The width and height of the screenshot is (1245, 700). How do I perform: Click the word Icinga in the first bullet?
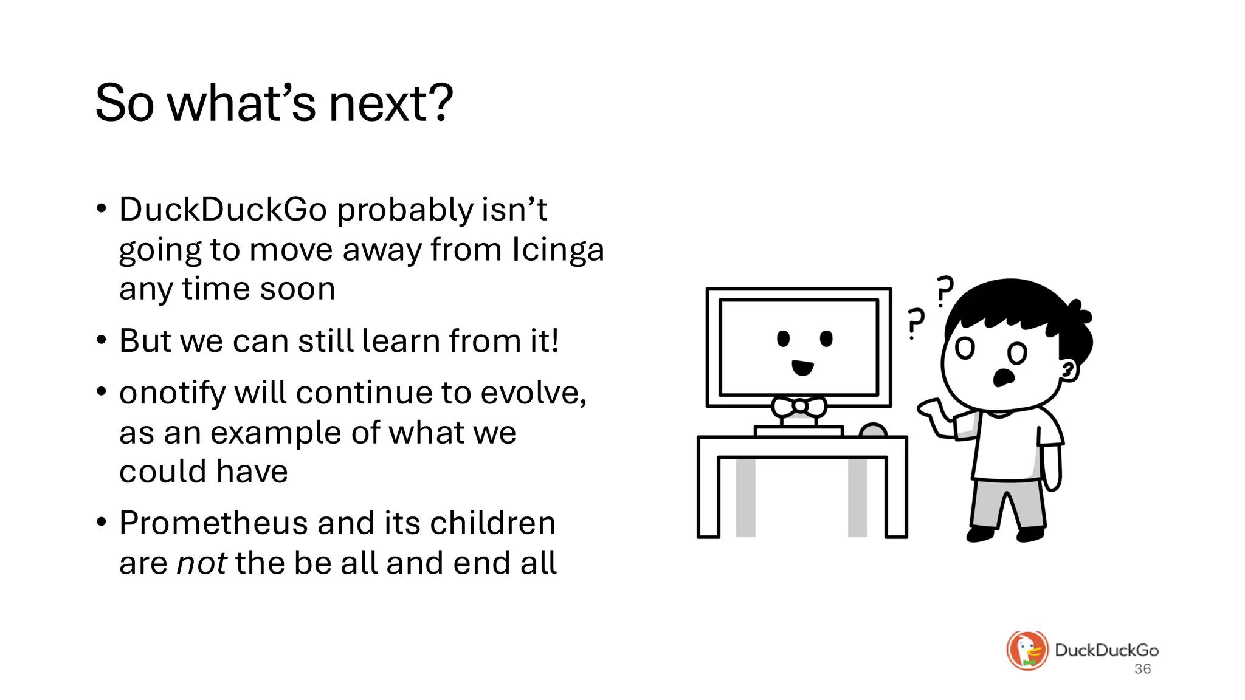[558, 250]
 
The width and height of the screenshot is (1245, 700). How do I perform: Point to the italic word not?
[201, 563]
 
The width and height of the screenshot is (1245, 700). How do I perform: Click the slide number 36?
[1142, 669]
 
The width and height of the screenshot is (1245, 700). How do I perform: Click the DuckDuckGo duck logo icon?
[1027, 650]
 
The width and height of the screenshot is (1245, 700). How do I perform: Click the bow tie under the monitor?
[799, 407]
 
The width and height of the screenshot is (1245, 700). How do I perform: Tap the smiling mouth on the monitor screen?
[802, 367]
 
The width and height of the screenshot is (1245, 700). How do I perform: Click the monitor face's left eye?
[784, 338]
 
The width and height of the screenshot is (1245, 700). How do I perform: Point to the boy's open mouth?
[1003, 377]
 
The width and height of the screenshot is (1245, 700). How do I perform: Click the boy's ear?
[1068, 369]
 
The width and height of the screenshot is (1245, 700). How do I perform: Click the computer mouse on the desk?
[874, 430]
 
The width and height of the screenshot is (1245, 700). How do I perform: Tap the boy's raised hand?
[933, 410]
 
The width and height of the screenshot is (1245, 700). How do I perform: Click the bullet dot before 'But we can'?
[102, 340]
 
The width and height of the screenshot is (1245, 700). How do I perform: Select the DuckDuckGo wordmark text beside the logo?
[1106, 650]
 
